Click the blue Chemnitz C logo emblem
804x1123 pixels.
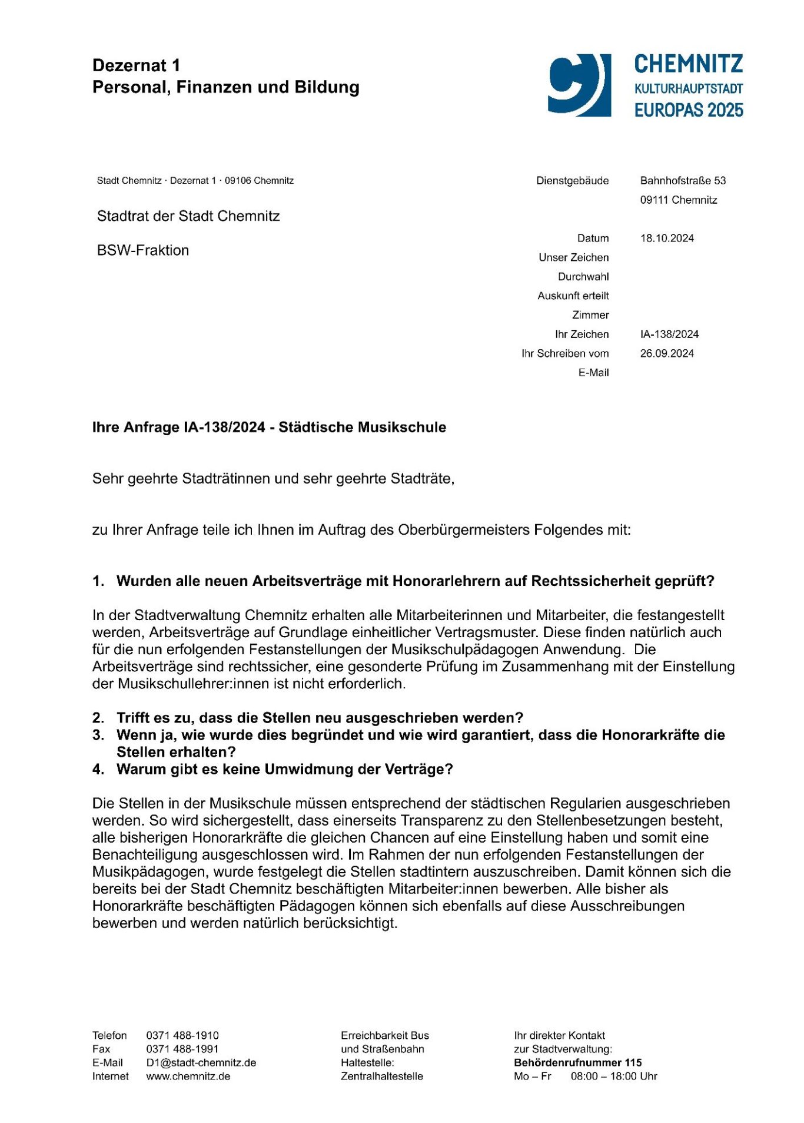(579, 85)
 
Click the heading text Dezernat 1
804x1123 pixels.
(137, 65)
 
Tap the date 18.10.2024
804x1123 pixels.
(667, 238)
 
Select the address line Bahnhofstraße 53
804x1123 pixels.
(683, 181)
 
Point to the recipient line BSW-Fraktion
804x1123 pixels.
(143, 250)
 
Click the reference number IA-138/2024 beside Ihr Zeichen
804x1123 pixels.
(669, 334)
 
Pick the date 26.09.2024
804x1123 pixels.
(667, 354)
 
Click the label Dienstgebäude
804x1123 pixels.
(572, 181)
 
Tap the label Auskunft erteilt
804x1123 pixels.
(573, 296)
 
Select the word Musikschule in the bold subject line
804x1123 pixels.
(408, 428)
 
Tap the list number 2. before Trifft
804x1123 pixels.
(98, 718)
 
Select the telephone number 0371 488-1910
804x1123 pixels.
(182, 1036)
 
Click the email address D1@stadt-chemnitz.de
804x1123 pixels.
(201, 1063)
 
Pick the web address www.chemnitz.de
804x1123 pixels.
(188, 1076)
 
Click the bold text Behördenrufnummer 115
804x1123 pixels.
(577, 1063)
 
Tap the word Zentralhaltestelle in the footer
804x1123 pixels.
(381, 1076)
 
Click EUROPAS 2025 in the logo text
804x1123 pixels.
(689, 110)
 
